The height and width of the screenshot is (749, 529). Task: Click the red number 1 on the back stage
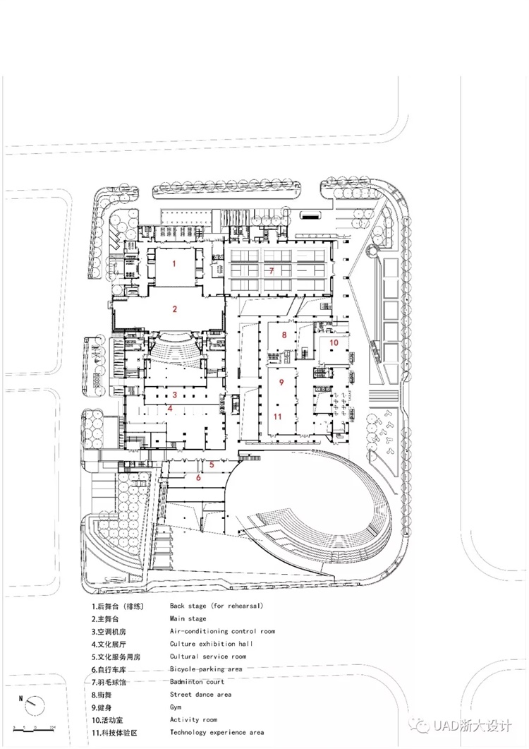pyautogui.click(x=174, y=263)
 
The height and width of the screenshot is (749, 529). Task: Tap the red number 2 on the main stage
pyautogui.click(x=175, y=309)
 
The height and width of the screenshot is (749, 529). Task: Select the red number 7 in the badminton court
pyautogui.click(x=272, y=271)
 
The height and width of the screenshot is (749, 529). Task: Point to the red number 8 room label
pyautogui.click(x=284, y=335)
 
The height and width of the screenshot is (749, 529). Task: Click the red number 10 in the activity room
pyautogui.click(x=334, y=342)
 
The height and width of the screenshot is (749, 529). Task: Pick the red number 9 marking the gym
pyautogui.click(x=281, y=382)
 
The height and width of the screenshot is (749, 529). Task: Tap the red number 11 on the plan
pyautogui.click(x=277, y=417)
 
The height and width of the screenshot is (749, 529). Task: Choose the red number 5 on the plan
pyautogui.click(x=212, y=465)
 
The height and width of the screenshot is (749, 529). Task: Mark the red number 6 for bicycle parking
pyautogui.click(x=199, y=477)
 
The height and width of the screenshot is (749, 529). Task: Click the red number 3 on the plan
pyautogui.click(x=175, y=395)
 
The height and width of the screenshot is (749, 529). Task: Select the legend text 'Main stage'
pyautogui.click(x=188, y=618)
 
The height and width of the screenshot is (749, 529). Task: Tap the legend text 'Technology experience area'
pyautogui.click(x=217, y=732)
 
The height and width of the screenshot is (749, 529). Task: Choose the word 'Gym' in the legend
pyautogui.click(x=176, y=707)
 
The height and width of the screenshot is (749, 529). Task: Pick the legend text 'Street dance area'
pyautogui.click(x=200, y=695)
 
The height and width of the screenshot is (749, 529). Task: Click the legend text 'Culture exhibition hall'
pyautogui.click(x=212, y=644)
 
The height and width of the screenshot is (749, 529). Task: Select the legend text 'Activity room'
pyautogui.click(x=193, y=719)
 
